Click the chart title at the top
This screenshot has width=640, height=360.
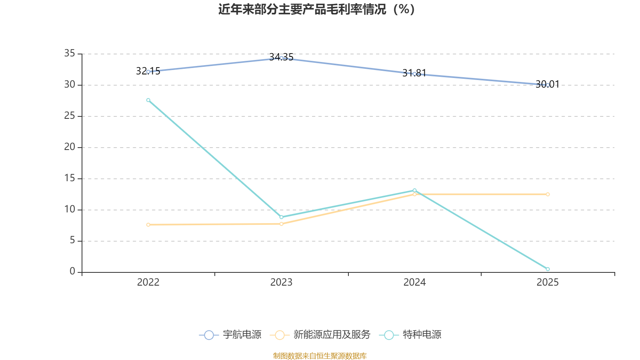click(x=316, y=10)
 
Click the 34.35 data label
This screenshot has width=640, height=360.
click(x=281, y=57)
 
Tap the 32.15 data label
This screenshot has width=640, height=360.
click(x=148, y=71)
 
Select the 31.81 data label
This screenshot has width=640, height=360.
click(x=414, y=73)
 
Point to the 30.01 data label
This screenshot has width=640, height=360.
click(x=548, y=84)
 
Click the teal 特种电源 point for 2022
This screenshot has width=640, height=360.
click(x=148, y=100)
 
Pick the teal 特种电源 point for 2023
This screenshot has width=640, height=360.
click(x=282, y=217)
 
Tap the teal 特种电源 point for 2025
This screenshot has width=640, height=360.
click(x=548, y=269)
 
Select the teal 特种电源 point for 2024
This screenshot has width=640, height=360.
click(x=414, y=190)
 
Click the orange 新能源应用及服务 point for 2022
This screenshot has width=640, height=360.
click(x=148, y=225)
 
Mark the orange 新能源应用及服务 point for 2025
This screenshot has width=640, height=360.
click(x=548, y=194)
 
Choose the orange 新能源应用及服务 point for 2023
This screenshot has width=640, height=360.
click(x=282, y=224)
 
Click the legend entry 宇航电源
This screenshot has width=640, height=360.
click(x=230, y=334)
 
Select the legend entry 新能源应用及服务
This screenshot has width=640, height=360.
click(x=320, y=334)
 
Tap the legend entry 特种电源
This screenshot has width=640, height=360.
click(x=410, y=334)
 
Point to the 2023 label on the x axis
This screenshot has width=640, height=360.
click(x=282, y=282)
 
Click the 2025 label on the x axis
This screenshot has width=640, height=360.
click(x=548, y=282)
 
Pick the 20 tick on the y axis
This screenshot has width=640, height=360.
click(x=70, y=147)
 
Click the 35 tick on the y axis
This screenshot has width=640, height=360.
click(x=70, y=53)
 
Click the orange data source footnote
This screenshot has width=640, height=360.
click(x=320, y=356)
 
